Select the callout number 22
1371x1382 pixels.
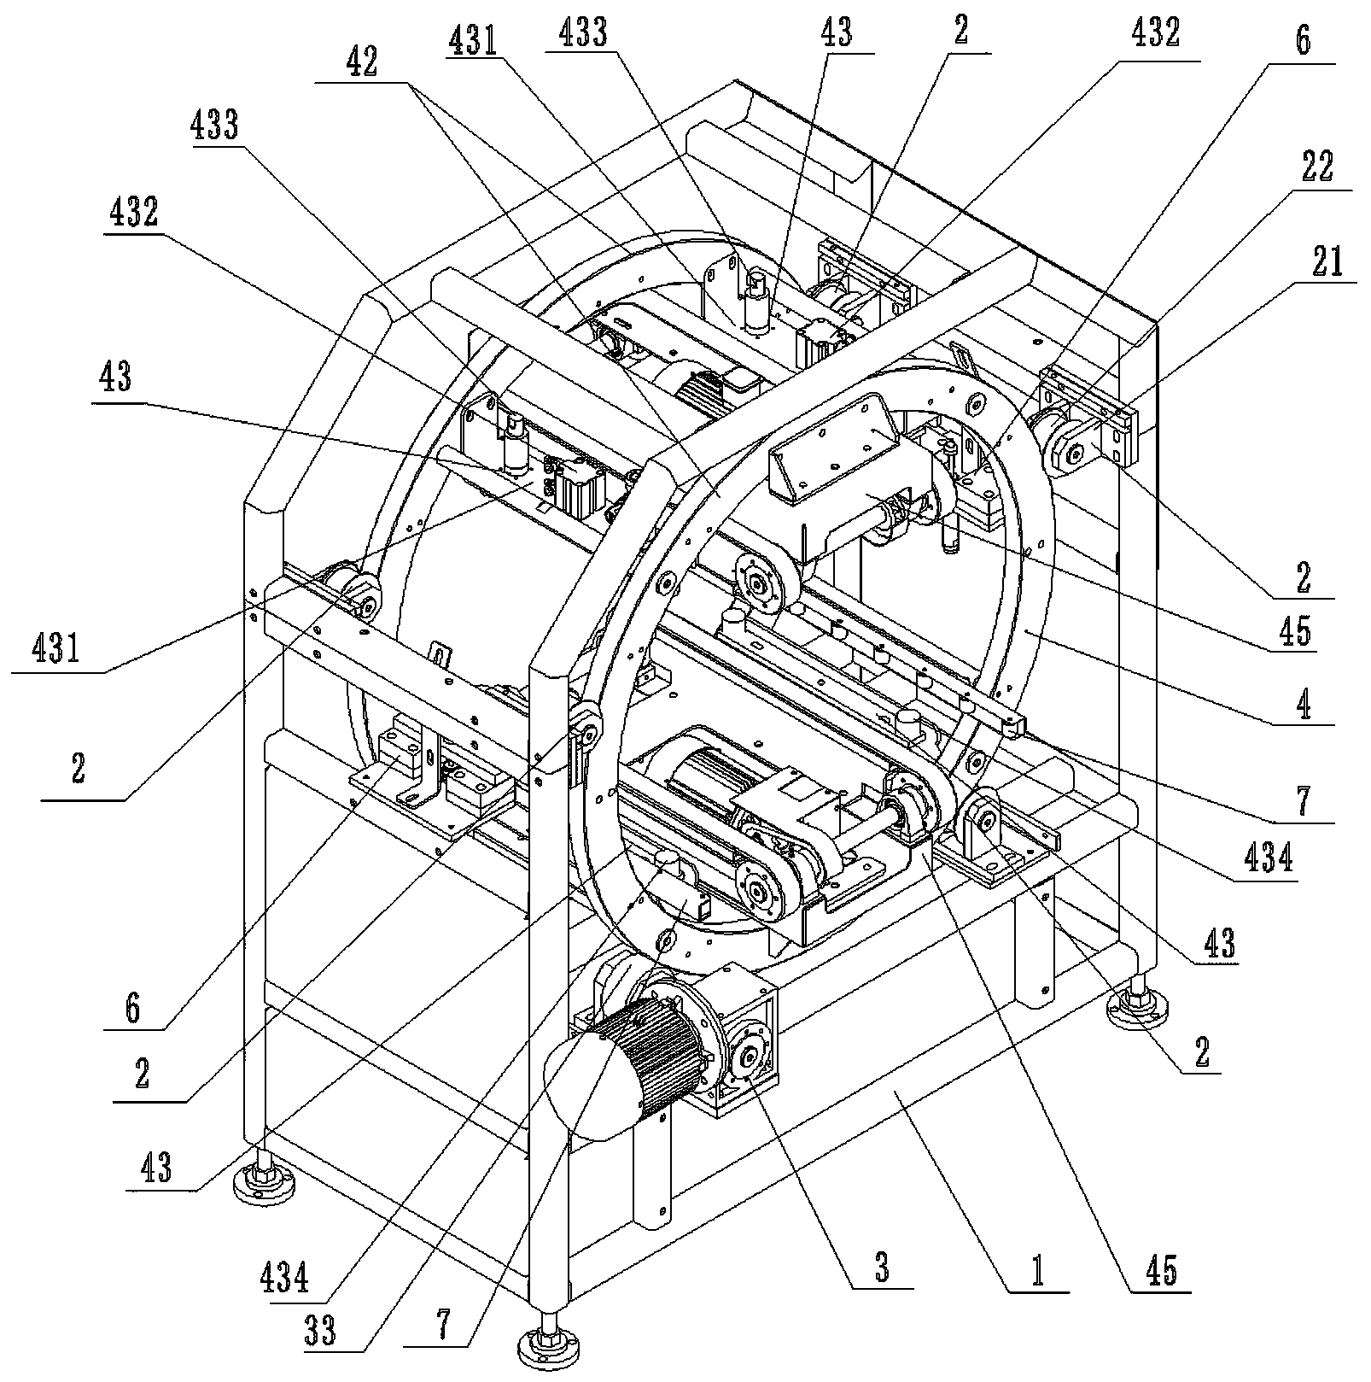tap(1316, 167)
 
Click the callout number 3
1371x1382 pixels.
tap(881, 1268)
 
